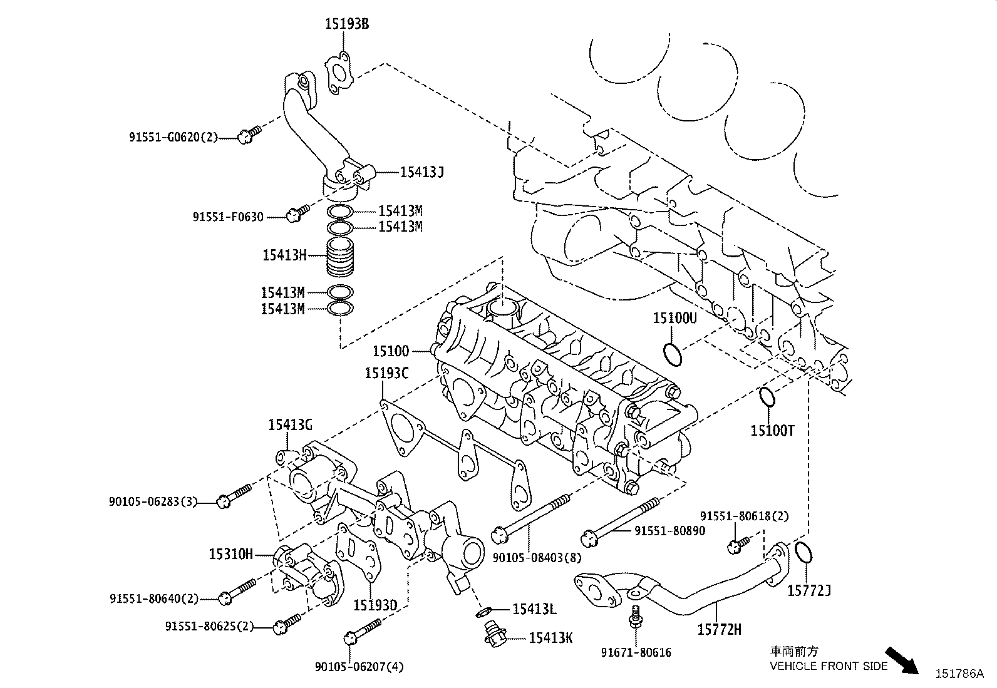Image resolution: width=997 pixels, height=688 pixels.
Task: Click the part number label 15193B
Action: pos(346,24)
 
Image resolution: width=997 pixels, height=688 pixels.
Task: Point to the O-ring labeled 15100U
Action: pos(673,354)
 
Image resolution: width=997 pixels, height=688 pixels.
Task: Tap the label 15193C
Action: pos(386,374)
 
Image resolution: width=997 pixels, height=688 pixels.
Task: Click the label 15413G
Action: pos(290,425)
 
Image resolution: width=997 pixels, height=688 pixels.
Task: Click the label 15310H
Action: pos(230,553)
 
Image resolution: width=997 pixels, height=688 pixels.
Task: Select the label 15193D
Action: pos(375,605)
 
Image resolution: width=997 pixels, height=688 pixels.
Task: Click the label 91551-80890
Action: pos(669,531)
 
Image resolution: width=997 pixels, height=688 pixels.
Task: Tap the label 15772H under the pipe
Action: pos(719,629)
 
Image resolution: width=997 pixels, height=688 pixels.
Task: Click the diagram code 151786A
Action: pos(959,674)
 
